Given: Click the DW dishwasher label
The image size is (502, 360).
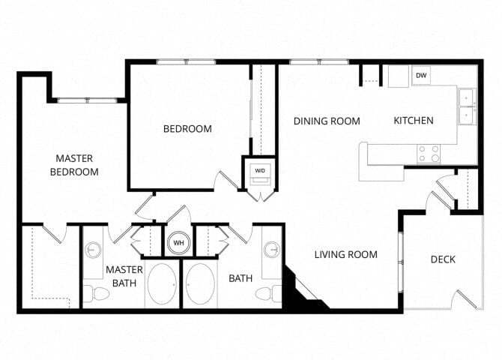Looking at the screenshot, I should [421, 76].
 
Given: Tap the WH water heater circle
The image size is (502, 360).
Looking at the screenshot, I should [179, 243].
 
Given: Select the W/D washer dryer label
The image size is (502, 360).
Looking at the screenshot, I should [260, 171].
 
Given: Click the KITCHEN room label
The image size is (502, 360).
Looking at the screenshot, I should [414, 121].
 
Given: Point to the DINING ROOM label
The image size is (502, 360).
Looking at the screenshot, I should [327, 121].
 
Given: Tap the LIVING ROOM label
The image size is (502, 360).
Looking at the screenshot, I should [345, 255].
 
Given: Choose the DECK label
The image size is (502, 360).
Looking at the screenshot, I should [443, 259].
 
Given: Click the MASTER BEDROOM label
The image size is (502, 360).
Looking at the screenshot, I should [74, 165].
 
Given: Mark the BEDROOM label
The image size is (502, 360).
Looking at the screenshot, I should [187, 128].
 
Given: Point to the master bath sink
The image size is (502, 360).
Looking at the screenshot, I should [94, 250].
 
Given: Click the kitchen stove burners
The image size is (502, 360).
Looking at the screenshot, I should [429, 154].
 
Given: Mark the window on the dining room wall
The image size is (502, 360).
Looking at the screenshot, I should [319, 61].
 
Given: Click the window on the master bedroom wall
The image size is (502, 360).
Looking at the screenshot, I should [88, 100].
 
